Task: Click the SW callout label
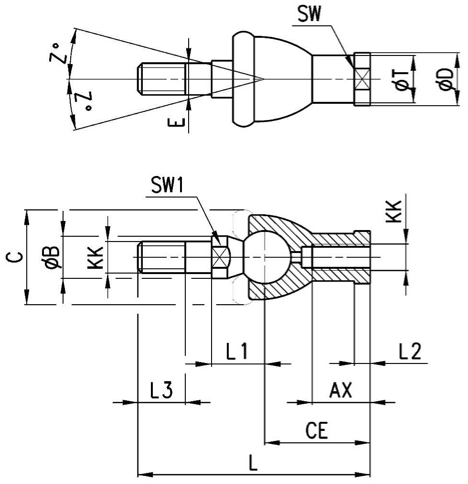(x=309, y=13)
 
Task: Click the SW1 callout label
(x=167, y=186)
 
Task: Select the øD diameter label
(x=447, y=79)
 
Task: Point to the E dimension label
(x=176, y=122)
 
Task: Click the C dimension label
(x=14, y=257)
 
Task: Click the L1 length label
(x=237, y=351)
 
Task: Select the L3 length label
(x=161, y=390)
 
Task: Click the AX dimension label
(x=340, y=390)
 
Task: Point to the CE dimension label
(x=317, y=430)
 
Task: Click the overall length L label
(x=253, y=463)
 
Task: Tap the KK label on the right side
(x=394, y=211)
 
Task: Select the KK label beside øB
(x=95, y=257)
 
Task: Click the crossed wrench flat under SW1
(x=220, y=257)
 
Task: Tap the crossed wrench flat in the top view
(x=362, y=79)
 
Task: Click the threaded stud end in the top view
(x=161, y=79)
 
